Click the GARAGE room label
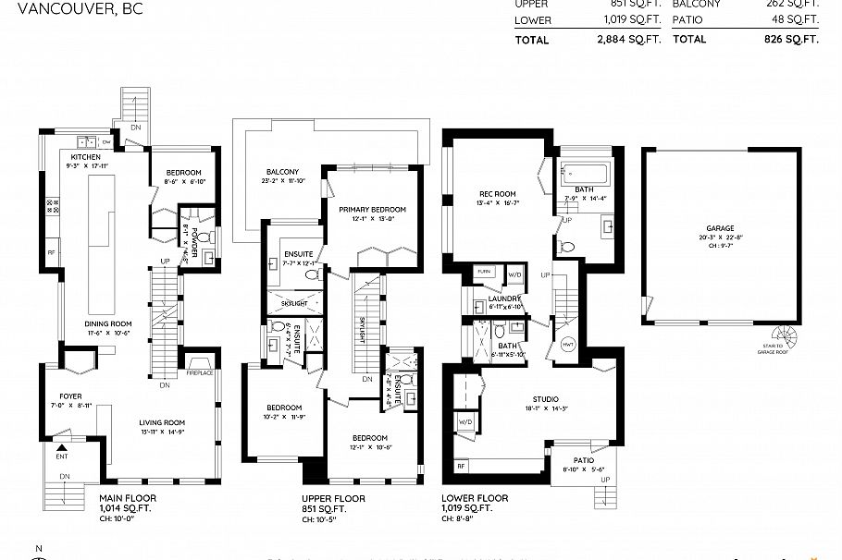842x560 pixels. pos(720,228)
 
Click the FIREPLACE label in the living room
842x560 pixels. pos(200,372)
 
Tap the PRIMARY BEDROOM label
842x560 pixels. pos(372,210)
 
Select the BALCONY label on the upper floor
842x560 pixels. pos(282,173)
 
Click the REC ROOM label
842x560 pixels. pos(497,194)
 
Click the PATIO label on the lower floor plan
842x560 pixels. pos(582,460)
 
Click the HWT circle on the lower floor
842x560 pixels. pos(567,345)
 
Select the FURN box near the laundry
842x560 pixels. pos(484,272)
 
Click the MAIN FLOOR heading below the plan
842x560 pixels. pos(128,498)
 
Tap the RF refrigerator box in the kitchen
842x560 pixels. pos(51,252)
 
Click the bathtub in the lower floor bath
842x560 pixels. pos(583,173)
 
